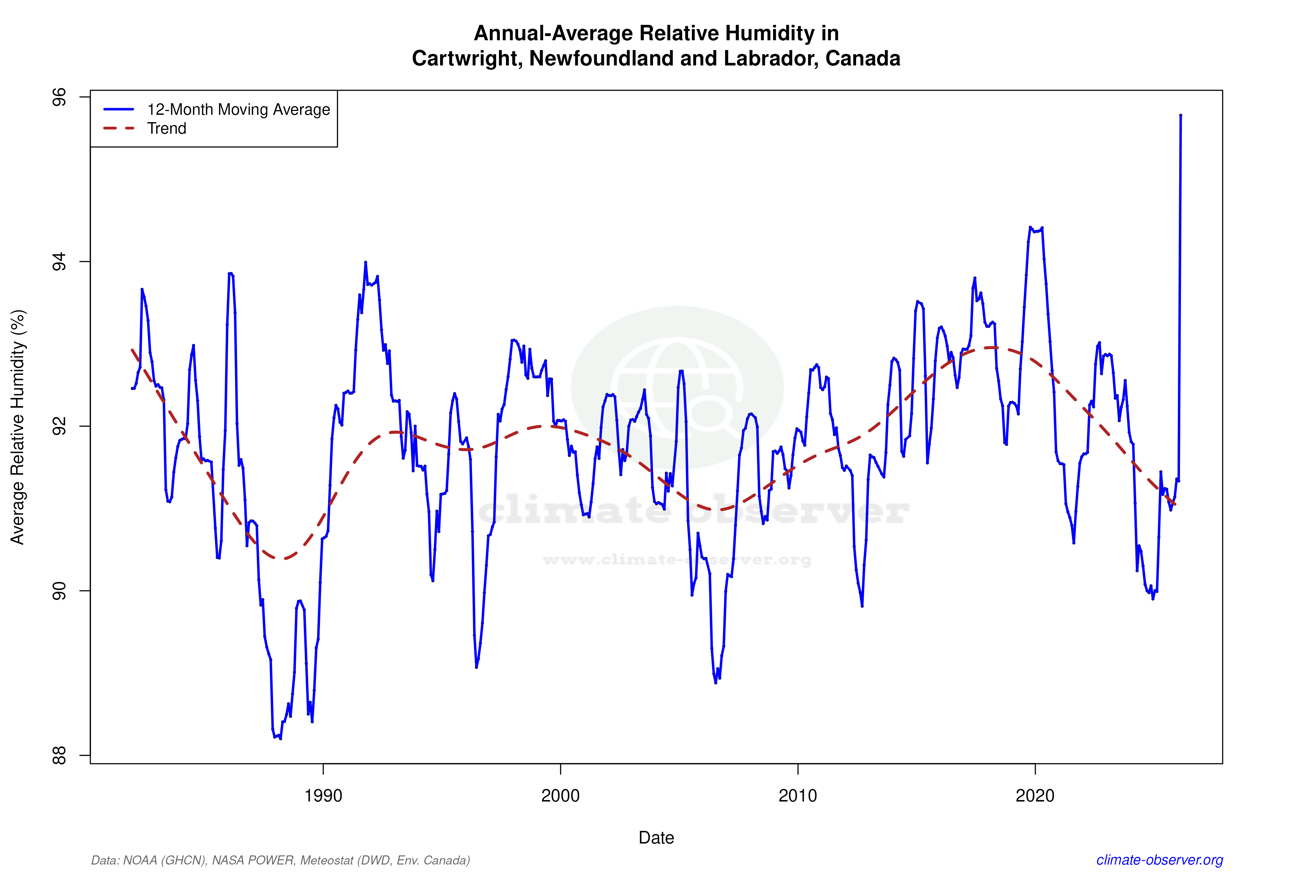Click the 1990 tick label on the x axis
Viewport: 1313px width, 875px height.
(x=323, y=795)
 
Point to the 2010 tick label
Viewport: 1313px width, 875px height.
(x=797, y=795)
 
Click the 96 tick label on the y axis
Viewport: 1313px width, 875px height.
(x=58, y=97)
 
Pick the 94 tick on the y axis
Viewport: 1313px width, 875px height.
(x=58, y=262)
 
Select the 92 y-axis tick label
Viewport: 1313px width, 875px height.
(x=58, y=426)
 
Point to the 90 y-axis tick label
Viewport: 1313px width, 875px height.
(x=58, y=591)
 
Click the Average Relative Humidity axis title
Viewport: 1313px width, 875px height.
(x=18, y=427)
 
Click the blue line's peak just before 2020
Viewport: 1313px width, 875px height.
(x=1030, y=227)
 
